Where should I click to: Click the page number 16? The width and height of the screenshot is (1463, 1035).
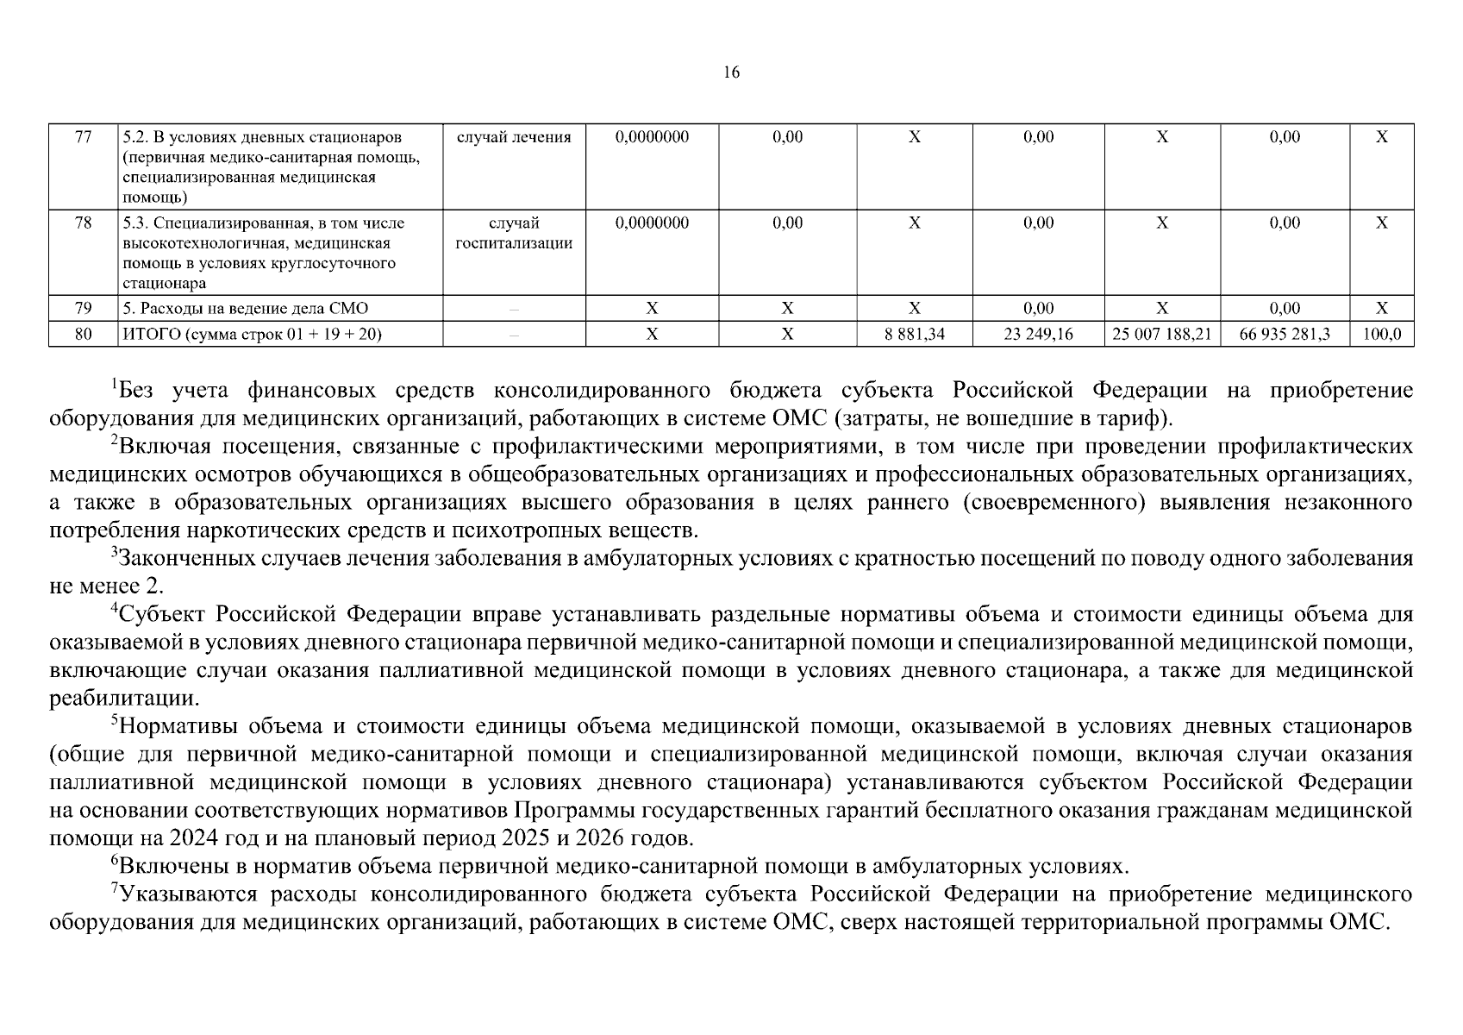point(731,72)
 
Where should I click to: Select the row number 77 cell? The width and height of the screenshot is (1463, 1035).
point(83,137)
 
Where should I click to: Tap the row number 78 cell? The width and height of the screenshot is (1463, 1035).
point(83,223)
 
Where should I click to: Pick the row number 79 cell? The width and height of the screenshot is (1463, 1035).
point(83,308)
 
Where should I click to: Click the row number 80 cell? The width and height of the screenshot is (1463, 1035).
point(83,334)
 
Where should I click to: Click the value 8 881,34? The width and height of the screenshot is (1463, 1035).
point(914,334)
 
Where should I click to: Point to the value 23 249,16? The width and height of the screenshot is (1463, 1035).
point(1038,334)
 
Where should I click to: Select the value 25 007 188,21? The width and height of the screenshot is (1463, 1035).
point(1161,334)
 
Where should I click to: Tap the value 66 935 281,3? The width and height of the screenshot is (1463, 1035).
point(1284,334)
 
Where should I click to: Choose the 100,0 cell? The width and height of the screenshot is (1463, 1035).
point(1381,334)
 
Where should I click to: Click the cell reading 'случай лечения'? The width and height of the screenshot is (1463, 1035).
point(514,137)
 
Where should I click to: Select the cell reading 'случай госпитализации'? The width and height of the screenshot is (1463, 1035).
point(514,233)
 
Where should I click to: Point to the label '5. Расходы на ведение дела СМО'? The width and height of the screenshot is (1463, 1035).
point(246,308)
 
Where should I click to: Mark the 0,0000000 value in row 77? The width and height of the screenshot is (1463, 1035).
point(652,137)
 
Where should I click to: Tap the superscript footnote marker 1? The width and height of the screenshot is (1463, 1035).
point(113,384)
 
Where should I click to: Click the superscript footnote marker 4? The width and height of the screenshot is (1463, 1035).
point(113,608)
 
